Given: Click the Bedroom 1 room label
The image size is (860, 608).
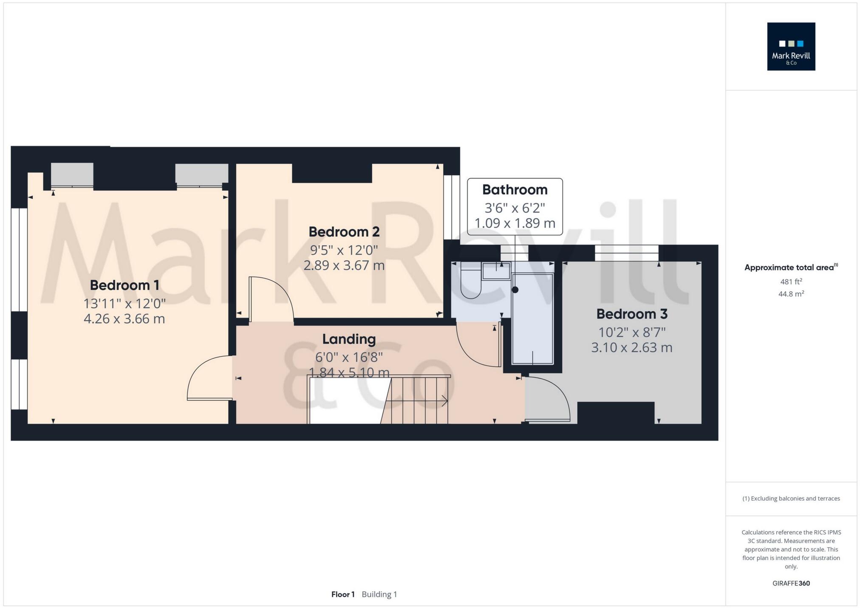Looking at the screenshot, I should [124, 285].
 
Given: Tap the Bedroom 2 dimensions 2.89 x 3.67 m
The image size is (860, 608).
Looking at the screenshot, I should [344, 266].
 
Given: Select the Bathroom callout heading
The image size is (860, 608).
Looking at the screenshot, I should [515, 190].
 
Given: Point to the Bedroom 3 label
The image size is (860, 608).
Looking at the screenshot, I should [631, 314].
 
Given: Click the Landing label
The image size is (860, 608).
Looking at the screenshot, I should [349, 339].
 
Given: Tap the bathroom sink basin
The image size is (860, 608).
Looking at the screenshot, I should [496, 271].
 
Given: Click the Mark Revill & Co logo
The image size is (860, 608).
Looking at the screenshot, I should [791, 47].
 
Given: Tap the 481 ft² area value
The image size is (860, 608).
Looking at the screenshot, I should [791, 281].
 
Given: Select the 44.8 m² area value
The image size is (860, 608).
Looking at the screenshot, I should [791, 294].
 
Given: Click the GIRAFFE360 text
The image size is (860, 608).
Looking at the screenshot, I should [791, 583].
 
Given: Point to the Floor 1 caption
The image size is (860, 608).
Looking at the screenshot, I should [342, 594].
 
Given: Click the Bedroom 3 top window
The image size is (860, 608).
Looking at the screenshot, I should [626, 253].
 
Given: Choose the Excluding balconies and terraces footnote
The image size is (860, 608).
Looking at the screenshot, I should [791, 498].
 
